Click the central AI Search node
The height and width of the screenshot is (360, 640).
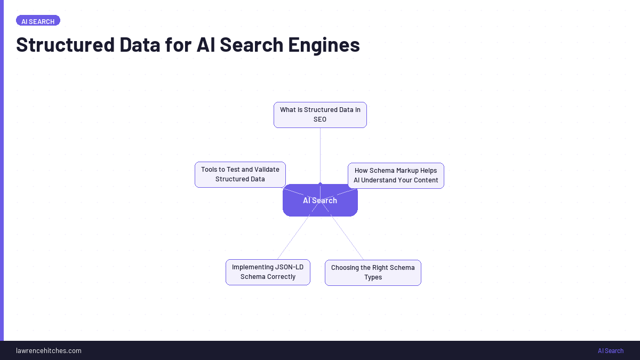[x=320, y=201]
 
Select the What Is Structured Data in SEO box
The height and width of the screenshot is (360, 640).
[x=320, y=115]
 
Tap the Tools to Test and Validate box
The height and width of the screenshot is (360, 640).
[x=240, y=174]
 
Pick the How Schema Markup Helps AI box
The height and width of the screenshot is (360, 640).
[x=396, y=175]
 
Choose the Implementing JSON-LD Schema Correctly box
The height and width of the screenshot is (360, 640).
[x=268, y=272]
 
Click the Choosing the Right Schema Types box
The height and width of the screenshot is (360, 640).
[x=373, y=273]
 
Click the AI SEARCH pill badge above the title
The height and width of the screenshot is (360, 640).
[x=38, y=21]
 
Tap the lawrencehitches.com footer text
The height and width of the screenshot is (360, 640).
[x=49, y=350]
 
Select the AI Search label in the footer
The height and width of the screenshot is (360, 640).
[x=610, y=350]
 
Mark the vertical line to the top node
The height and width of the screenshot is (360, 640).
[x=320, y=155]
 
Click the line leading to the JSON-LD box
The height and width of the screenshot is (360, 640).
[x=293, y=238]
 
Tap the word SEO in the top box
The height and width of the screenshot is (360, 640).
[x=320, y=119]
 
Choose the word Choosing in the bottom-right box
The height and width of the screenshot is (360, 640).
[x=345, y=268]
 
